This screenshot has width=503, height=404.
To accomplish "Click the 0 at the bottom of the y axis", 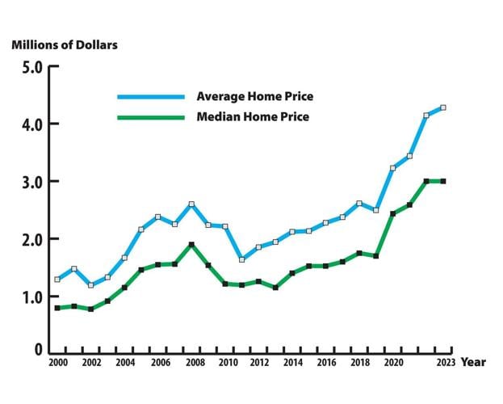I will pyautogui.click(x=37, y=349).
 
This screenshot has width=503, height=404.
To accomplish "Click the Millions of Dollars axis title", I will pyautogui.click(x=65, y=44).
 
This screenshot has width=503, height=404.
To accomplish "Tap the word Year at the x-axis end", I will pyautogui.click(x=473, y=363).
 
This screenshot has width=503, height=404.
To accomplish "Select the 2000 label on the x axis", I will pyautogui.click(x=57, y=364).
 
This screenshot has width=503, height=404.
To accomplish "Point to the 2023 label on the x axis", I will pyautogui.click(x=443, y=364).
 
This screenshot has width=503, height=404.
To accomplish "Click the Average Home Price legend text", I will pyautogui.click(x=254, y=97).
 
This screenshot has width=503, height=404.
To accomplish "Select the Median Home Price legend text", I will pyautogui.click(x=253, y=117).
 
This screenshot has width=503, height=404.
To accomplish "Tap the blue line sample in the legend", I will pyautogui.click(x=152, y=97).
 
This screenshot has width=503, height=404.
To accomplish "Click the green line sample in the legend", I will pyautogui.click(x=152, y=117).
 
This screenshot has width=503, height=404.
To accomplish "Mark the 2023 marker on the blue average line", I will pyautogui.click(x=443, y=107).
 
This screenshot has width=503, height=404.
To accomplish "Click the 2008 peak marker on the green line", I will pyautogui.click(x=191, y=244).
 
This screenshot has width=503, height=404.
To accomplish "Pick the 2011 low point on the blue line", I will pyautogui.click(x=241, y=259).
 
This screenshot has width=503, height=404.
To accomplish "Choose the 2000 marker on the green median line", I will pyautogui.click(x=57, y=308).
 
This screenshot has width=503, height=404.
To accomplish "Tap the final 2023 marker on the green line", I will pyautogui.click(x=443, y=181).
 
